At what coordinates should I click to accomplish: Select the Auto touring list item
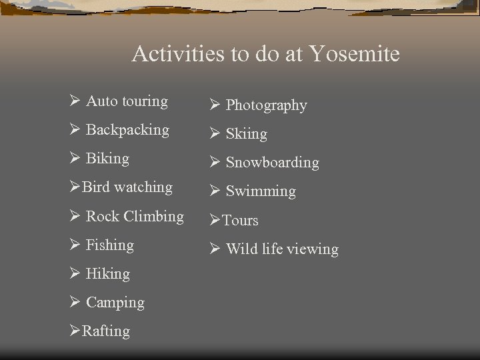point(127,101)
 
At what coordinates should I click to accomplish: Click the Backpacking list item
point(127,130)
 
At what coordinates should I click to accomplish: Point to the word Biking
point(107,159)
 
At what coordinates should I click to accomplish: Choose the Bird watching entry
point(127,187)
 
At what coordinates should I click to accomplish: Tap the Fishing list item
point(110,245)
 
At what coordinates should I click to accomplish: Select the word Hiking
point(108,274)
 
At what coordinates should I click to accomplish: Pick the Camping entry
point(115,303)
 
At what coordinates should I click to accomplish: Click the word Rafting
point(105,331)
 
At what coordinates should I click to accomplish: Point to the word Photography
point(266,105)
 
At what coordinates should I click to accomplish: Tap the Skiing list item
point(246,134)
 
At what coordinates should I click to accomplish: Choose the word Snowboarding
point(272,163)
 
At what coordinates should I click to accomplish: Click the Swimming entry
point(260,191)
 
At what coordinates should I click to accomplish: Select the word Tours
point(239,220)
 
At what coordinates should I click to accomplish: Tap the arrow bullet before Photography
point(214,105)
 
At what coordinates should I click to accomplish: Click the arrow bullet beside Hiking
point(75,274)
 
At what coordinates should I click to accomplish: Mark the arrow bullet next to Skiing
point(214,134)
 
